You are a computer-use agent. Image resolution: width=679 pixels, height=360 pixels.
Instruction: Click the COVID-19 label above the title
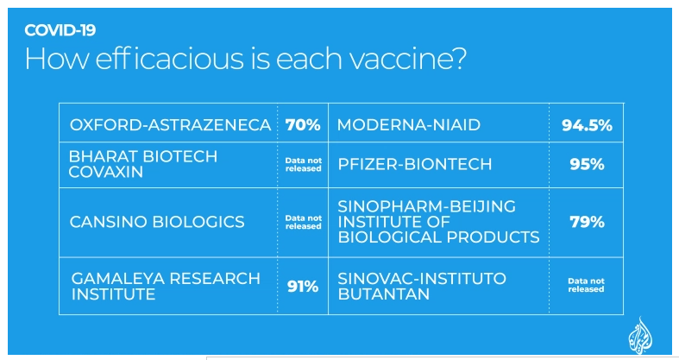tap(60, 30)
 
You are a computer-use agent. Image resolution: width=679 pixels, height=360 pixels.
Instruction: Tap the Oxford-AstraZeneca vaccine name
tap(170, 125)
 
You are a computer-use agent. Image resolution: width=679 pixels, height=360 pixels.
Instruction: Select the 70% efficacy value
tap(303, 125)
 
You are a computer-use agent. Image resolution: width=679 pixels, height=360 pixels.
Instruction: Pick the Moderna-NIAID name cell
tap(409, 125)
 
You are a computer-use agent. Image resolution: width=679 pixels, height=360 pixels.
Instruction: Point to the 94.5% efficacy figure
tap(587, 125)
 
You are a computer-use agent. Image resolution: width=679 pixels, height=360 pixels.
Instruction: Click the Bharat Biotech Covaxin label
tap(143, 164)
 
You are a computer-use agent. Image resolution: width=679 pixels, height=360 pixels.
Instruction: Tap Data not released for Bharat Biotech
tap(303, 165)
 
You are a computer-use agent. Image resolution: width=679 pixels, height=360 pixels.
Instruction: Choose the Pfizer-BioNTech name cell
tap(415, 164)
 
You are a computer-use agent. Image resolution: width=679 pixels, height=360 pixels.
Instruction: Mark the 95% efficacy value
tap(587, 164)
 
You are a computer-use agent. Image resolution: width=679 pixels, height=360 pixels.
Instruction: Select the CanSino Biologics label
tap(157, 222)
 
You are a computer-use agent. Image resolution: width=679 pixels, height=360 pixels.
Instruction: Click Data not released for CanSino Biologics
tap(303, 222)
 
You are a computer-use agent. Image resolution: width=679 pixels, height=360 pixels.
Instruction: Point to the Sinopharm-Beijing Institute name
tap(438, 222)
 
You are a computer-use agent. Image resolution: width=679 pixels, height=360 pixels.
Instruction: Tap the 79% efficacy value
tap(587, 222)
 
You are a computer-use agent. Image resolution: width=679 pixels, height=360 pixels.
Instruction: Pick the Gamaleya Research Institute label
tap(166, 287)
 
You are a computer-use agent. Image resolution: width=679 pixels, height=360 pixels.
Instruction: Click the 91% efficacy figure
tap(303, 287)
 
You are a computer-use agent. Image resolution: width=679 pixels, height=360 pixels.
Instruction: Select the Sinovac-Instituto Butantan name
tap(422, 287)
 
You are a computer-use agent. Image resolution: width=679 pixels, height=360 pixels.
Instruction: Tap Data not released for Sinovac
tap(586, 285)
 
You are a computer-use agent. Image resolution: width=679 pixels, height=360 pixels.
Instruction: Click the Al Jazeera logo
tap(640, 335)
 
